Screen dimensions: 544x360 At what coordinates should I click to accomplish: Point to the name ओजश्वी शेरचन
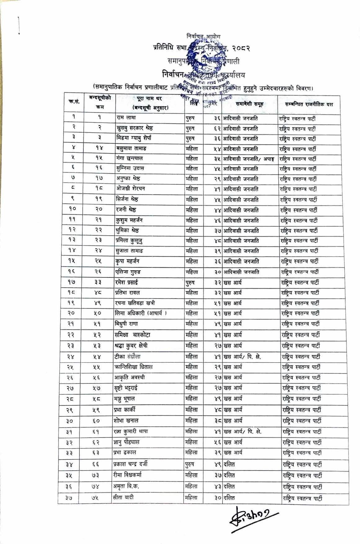tap(130, 189)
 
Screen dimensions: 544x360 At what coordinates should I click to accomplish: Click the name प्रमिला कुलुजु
tap(130, 241)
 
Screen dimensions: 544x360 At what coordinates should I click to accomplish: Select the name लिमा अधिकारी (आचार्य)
tap(140, 313)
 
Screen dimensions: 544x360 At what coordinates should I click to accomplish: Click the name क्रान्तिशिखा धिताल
tap(133, 367)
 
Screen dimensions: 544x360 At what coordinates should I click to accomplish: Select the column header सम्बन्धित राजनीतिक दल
tap(309, 104)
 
